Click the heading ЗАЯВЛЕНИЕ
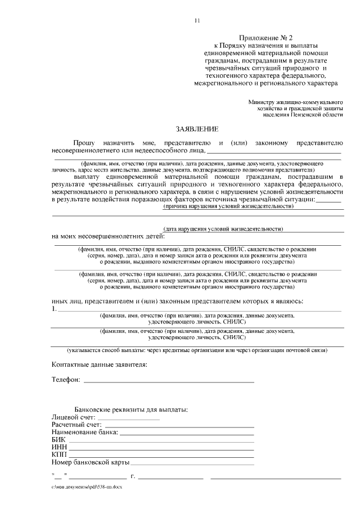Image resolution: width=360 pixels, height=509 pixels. pyautogui.click(x=196, y=129)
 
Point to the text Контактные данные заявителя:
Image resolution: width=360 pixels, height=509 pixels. pyautogui.click(x=100, y=365)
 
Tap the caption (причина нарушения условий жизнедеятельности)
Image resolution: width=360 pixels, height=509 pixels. pyautogui.click(x=228, y=206)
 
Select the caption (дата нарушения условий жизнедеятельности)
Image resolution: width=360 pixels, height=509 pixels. pyautogui.click(x=222, y=229)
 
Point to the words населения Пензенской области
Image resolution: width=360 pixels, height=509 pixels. pyautogui.click(x=302, y=115)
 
